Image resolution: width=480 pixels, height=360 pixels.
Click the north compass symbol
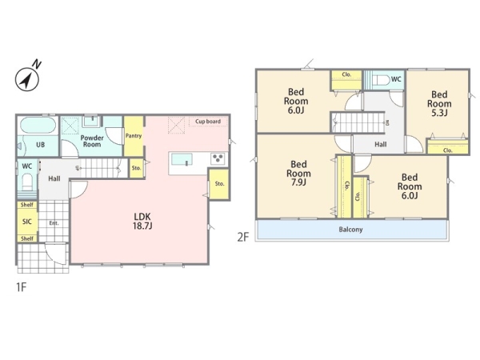(27, 79)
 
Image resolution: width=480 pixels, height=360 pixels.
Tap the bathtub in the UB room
(38, 126)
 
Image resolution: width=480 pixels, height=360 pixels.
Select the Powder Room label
(92, 141)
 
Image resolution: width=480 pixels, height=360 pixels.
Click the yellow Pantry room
(134, 136)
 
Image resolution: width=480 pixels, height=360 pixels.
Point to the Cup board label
(208, 122)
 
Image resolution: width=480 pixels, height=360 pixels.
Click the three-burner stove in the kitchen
(218, 158)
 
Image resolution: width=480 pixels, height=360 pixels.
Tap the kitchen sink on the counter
(182, 159)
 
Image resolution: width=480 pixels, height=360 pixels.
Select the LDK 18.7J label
(142, 222)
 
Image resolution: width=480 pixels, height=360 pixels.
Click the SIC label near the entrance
(27, 222)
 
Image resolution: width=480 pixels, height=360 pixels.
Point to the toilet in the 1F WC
(27, 182)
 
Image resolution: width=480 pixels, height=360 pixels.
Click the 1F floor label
(21, 287)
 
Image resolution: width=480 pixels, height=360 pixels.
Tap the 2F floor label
(243, 237)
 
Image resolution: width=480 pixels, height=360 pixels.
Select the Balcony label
(350, 230)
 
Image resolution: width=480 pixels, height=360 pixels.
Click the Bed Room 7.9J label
(298, 174)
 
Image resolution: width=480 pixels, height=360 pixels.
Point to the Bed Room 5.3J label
(439, 103)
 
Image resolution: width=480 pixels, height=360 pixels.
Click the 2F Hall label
(381, 144)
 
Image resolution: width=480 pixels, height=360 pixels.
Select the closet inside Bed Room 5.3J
(447, 146)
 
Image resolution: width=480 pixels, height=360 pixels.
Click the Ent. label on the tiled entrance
(54, 223)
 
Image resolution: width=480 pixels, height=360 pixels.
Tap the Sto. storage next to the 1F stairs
(136, 168)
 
